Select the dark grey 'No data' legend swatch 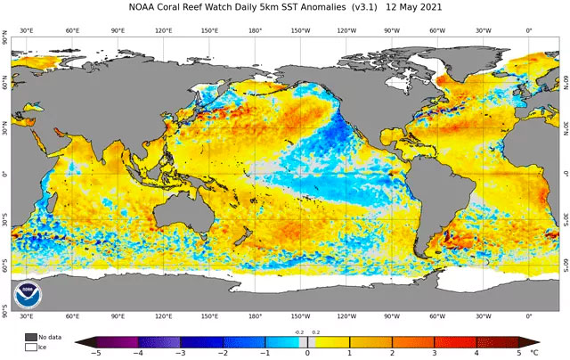coord(31,337)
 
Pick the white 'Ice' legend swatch coord(31,347)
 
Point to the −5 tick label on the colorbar coord(95,354)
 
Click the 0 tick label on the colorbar coord(307,354)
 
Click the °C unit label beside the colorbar coord(534,354)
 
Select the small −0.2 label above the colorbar coord(298,331)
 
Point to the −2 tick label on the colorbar coord(223,354)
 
